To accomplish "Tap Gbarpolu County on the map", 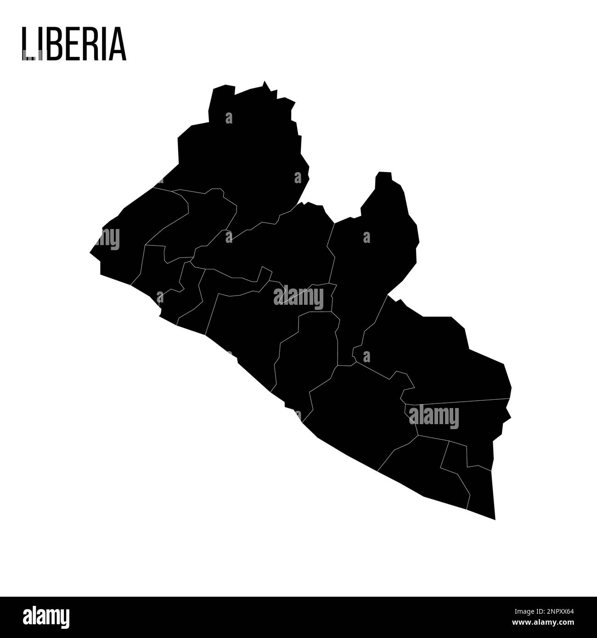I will [x=202, y=216].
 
